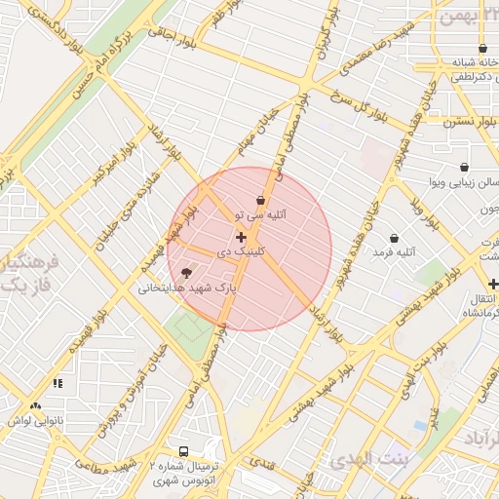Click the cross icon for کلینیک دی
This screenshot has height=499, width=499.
241,238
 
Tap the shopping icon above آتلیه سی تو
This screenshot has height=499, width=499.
260,200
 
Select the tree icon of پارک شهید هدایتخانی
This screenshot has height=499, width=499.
186,273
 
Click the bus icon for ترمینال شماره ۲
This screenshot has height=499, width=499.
183,451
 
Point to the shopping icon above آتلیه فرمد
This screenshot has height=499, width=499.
394,238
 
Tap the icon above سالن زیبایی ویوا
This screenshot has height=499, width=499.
463,168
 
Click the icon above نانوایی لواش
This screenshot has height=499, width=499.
36,404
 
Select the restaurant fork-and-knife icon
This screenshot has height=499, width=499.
58,384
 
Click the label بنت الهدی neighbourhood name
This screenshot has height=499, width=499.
370,459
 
